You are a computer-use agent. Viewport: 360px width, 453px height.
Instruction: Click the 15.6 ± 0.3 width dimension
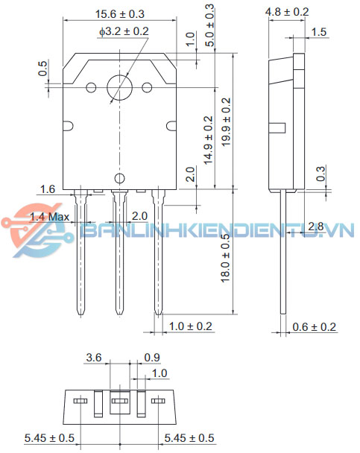tap(120, 14)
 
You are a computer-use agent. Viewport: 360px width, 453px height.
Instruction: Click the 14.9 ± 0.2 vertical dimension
tap(208, 139)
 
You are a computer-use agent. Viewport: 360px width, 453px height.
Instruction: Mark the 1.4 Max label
tap(49, 217)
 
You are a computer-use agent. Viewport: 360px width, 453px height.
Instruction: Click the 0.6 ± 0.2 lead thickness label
tap(314, 326)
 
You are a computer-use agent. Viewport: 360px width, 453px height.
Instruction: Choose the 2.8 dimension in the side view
tap(315, 226)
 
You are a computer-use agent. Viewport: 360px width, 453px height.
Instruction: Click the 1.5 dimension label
tap(318, 31)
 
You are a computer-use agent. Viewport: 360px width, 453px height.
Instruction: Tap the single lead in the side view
tap(284, 253)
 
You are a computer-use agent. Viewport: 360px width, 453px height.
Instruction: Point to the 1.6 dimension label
tap(47, 190)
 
